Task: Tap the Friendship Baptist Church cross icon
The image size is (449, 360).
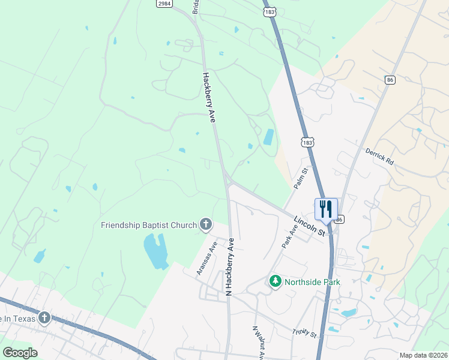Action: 206,225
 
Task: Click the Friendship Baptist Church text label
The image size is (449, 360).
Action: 149,225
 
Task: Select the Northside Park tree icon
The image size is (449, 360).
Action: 275,281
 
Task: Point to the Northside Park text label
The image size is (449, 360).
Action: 312,281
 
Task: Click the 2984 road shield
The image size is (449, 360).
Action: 164,4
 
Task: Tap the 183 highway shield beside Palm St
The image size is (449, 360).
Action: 307,142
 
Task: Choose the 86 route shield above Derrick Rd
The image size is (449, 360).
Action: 390,80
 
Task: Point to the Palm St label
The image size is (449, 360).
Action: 301,179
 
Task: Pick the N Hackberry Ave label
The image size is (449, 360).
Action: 229,266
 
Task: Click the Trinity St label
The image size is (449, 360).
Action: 304,332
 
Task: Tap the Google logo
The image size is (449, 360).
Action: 20,353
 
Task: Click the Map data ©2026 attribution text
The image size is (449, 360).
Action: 423,355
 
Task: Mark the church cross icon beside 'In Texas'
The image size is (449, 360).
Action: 44,317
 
